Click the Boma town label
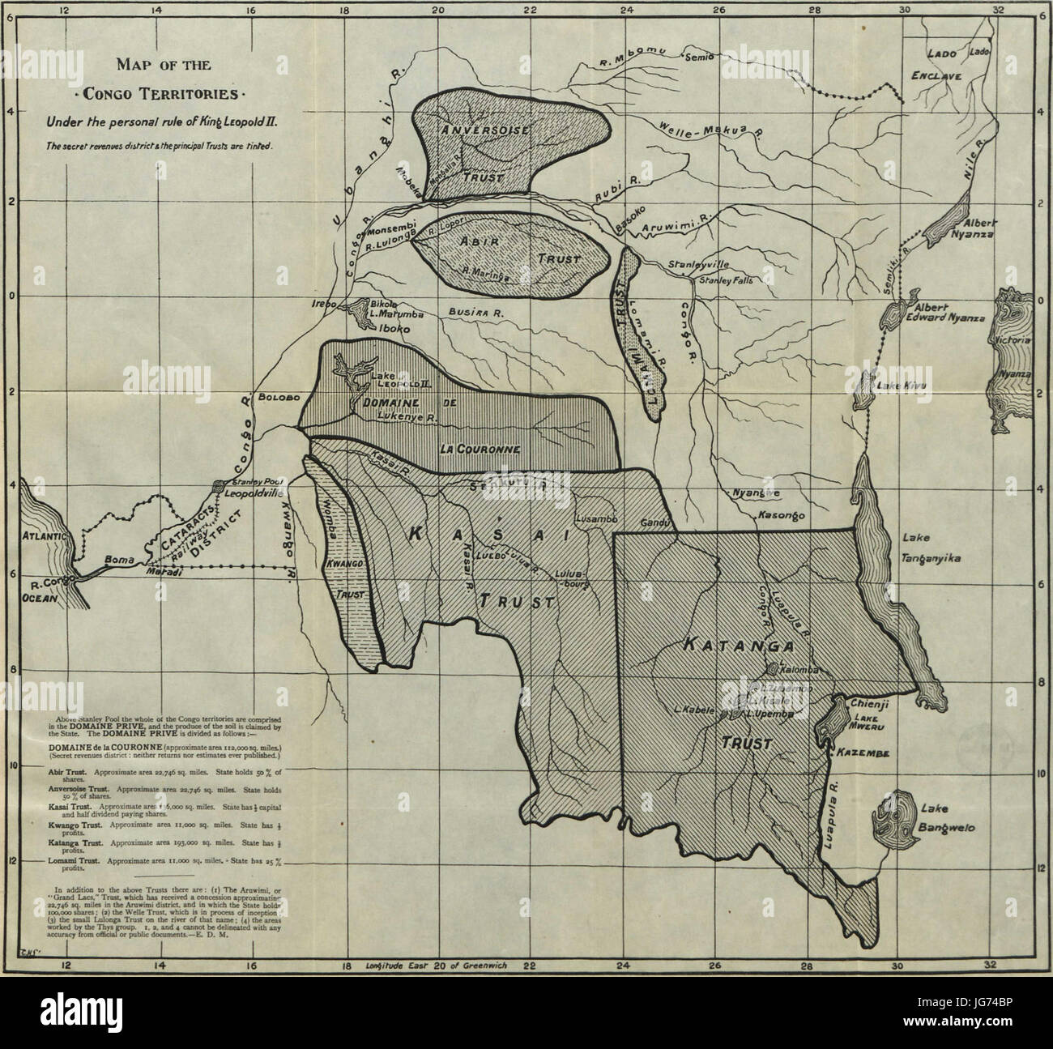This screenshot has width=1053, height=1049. click(118, 559)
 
